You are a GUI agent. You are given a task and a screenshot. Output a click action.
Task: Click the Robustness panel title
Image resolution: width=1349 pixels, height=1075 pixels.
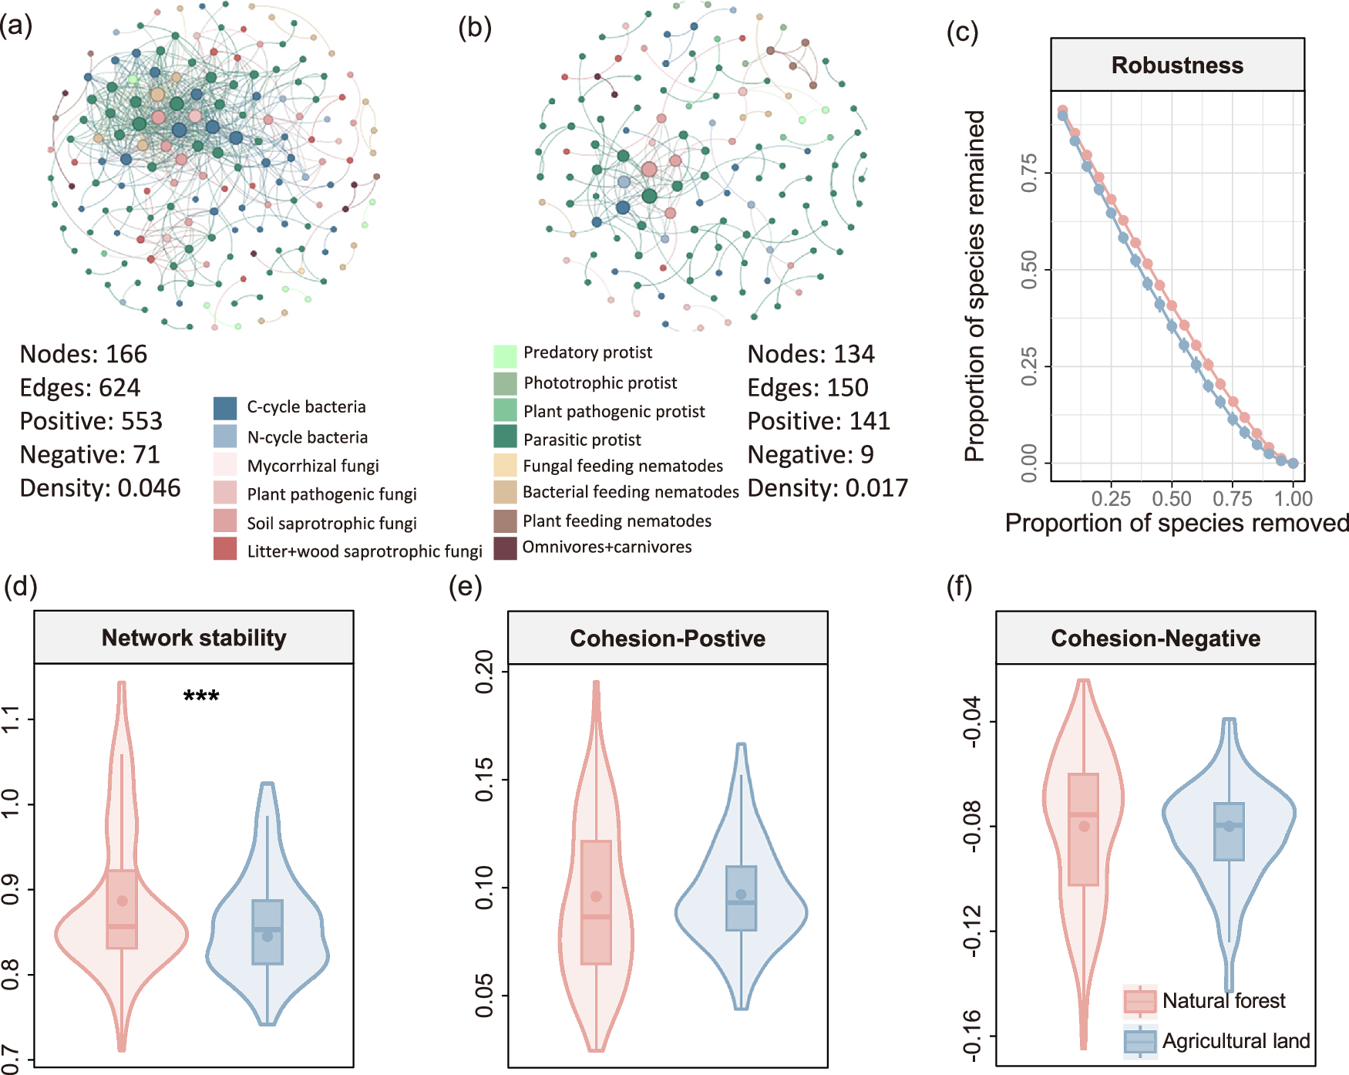[x=1177, y=66]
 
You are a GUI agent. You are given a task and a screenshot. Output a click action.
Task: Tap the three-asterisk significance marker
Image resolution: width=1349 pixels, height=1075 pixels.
[x=201, y=697]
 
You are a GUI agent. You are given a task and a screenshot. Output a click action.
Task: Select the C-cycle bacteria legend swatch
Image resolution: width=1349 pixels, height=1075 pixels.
[x=225, y=408]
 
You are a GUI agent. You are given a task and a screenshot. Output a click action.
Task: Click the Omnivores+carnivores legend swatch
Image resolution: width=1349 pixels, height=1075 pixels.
[x=505, y=548]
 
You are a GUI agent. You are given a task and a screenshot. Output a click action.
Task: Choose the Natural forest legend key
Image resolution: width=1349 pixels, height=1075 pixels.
[x=1140, y=1001]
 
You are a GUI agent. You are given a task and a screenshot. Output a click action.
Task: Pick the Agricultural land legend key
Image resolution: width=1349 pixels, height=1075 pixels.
[x=1140, y=1041]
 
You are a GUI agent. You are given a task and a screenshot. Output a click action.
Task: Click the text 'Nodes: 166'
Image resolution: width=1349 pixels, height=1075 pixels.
[x=83, y=354]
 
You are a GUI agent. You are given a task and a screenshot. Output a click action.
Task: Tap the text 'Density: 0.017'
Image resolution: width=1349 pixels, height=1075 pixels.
[x=828, y=488]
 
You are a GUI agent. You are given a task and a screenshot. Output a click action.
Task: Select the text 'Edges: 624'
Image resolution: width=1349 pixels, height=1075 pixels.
[x=80, y=387]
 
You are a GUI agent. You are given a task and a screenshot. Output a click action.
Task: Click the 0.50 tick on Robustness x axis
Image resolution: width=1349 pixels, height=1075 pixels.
[x=1172, y=499]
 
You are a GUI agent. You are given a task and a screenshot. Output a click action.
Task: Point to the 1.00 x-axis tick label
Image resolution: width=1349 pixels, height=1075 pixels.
[x=1293, y=499]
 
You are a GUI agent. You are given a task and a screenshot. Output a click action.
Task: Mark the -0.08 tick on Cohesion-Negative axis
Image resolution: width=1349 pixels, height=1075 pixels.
[x=973, y=826]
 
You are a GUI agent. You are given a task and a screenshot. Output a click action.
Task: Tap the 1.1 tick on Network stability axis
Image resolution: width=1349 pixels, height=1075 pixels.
[x=11, y=719]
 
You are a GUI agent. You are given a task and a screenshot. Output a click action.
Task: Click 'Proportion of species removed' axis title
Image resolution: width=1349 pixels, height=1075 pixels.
[x=1177, y=524]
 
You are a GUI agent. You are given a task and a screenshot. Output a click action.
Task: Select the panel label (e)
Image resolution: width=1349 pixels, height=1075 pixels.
[x=466, y=587]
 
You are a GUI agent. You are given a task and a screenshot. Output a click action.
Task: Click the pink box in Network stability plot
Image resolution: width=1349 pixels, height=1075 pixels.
[x=122, y=909]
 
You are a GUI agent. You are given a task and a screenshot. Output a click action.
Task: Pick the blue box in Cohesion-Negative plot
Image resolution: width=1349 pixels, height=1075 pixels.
[x=1229, y=831]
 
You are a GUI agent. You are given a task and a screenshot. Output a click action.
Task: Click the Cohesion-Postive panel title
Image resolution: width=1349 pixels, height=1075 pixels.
[x=668, y=639]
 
